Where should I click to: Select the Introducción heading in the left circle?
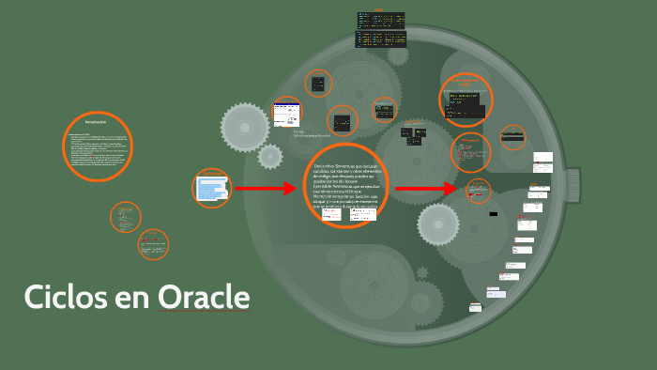[96, 123]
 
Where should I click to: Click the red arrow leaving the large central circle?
[428, 189]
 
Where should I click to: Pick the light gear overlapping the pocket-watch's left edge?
[245, 125]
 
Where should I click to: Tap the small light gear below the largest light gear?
[270, 156]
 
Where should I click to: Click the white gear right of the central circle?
[437, 224]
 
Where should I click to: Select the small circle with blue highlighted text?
[211, 188]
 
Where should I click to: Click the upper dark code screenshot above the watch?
[380, 20]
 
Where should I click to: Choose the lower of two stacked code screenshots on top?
[380, 39]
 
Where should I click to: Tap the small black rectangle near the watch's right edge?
[494, 214]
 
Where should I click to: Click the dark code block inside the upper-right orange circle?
[466, 99]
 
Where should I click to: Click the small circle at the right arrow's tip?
[478, 191]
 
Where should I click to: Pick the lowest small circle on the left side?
[153, 245]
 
